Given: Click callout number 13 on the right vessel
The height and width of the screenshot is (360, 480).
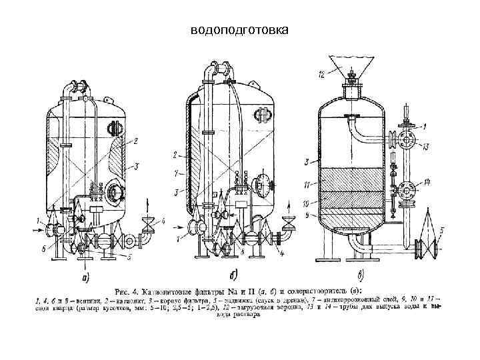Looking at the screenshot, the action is point(425,147).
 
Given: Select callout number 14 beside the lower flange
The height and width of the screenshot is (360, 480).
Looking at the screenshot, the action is point(426,181).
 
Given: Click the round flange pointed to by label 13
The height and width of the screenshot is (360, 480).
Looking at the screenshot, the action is point(408,139).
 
